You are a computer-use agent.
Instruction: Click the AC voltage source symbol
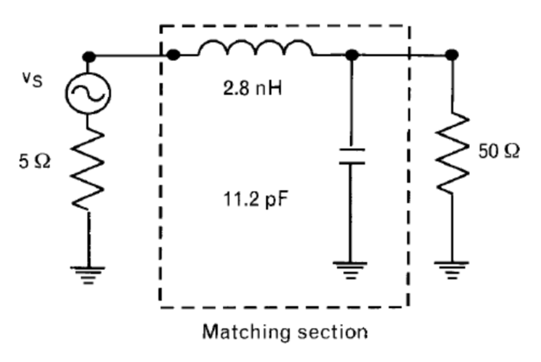pyautogui.click(x=88, y=93)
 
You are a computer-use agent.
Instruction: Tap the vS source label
pyautogui.click(x=33, y=80)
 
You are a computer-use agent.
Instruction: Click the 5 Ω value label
pyautogui.click(x=35, y=161)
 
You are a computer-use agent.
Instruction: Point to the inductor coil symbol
pyautogui.click(x=256, y=48)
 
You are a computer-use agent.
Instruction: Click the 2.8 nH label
pyautogui.click(x=252, y=89)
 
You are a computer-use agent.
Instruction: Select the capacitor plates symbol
pyautogui.click(x=352, y=156)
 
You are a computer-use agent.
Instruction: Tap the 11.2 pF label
pyautogui.click(x=256, y=199)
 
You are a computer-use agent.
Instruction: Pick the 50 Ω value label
pyautogui.click(x=499, y=151)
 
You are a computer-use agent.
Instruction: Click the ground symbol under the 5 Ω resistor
pyautogui.click(x=88, y=275)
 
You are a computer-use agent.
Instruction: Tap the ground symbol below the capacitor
pyautogui.click(x=350, y=270)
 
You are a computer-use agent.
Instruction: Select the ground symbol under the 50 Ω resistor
pyautogui.click(x=452, y=270)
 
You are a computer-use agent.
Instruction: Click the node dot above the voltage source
pyautogui.click(x=89, y=56)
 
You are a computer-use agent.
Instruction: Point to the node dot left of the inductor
pyautogui.click(x=173, y=55)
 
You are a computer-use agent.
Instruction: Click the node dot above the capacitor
pyautogui.click(x=352, y=55)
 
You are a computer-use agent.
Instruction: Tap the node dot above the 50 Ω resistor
pyautogui.click(x=452, y=55)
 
